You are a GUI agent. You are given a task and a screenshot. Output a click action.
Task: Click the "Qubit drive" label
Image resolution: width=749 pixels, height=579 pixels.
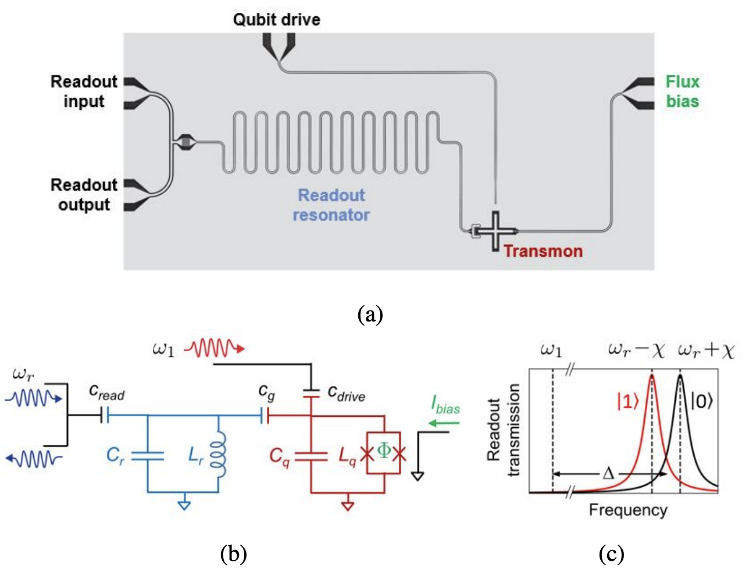(276, 20)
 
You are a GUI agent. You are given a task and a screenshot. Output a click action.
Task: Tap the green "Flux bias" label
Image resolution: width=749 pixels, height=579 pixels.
(682, 91)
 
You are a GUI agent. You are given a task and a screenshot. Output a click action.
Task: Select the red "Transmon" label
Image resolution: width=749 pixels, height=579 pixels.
(543, 251)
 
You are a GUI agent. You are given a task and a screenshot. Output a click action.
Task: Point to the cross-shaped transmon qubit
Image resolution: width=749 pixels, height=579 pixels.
(495, 231)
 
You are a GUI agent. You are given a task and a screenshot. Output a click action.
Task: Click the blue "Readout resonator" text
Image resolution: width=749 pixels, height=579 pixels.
(331, 205)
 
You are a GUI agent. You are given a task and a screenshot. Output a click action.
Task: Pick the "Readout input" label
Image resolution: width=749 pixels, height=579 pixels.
(84, 91)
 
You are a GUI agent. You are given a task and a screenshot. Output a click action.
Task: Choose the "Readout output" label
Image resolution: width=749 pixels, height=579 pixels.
(84, 195)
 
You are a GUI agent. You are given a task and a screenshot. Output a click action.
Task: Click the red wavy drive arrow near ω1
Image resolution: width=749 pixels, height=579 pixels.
(213, 349)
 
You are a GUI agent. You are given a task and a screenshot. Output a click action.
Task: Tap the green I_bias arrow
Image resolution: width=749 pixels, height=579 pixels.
(444, 423)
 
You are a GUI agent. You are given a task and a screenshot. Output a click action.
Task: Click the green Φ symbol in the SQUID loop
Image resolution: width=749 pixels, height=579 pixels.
(384, 451)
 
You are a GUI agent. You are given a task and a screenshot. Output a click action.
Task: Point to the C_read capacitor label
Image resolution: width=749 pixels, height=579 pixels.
(106, 392)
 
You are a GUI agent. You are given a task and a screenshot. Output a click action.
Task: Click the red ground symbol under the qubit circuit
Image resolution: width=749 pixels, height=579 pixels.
(348, 505)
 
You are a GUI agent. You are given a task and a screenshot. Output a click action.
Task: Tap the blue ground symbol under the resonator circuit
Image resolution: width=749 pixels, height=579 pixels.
(184, 505)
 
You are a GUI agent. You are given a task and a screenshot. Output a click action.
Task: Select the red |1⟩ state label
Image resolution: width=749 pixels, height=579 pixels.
(628, 401)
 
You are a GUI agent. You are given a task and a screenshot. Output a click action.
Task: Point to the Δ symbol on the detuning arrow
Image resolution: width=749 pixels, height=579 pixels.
(608, 473)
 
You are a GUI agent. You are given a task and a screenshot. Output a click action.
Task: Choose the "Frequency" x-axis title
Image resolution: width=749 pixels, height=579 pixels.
(628, 510)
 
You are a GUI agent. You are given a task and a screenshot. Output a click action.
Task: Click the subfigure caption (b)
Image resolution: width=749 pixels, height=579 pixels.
(234, 554)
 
